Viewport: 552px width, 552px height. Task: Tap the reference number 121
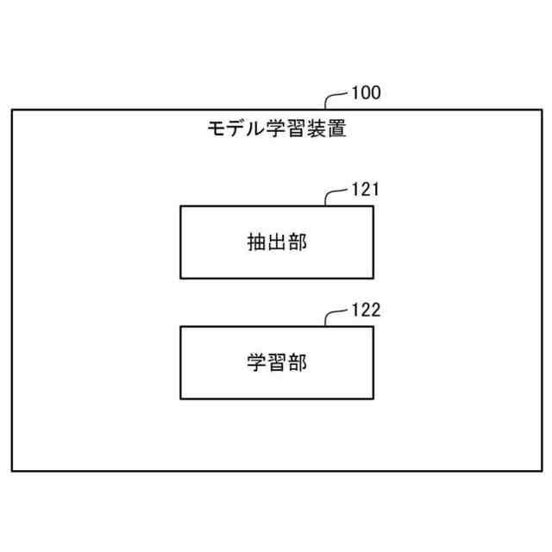[x=366, y=190]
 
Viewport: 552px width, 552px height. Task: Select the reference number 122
[x=366, y=310]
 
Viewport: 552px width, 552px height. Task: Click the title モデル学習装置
[x=276, y=130]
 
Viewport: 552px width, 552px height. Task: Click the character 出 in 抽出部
[x=277, y=242]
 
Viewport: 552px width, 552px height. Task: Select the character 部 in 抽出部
[x=298, y=242]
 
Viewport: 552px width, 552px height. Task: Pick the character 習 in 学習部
[x=277, y=363]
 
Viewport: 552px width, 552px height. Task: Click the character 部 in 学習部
[x=298, y=363]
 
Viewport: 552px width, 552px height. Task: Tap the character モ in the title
[x=216, y=130]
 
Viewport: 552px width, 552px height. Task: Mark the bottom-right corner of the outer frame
[x=541, y=470]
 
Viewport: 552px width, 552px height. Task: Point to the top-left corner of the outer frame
[x=12, y=110]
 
